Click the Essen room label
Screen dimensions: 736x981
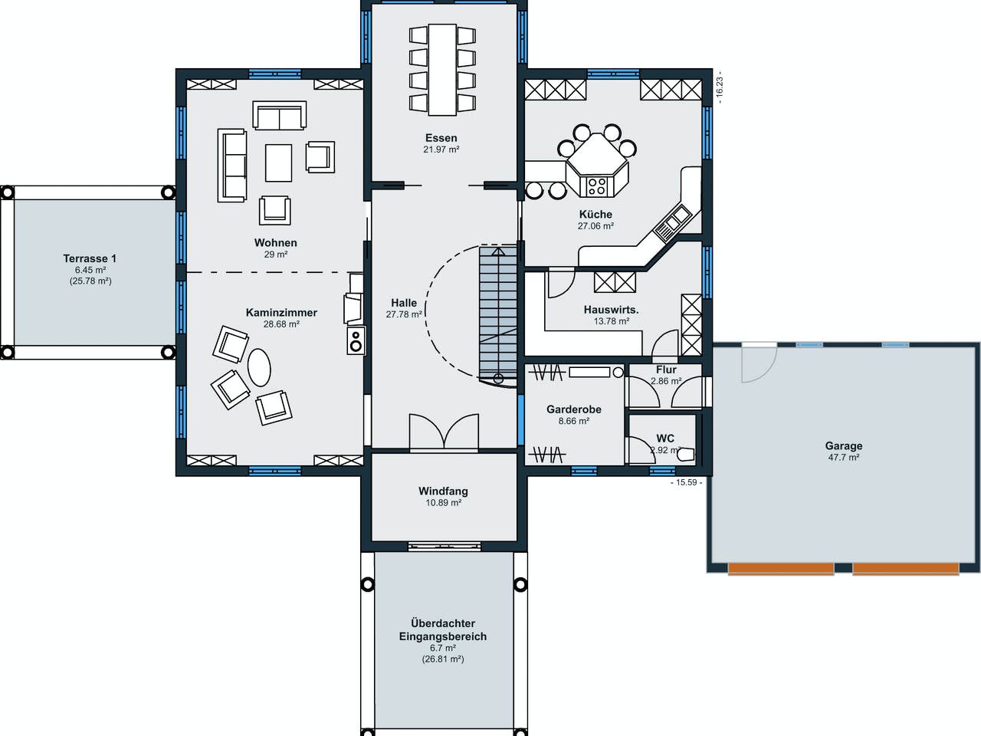pos(441,138)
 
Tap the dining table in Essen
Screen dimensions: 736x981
pos(442,69)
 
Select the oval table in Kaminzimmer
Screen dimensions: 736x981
pos(259,367)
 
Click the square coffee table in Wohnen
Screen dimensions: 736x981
pos(278,163)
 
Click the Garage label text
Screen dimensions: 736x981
pos(843,445)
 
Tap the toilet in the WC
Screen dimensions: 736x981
pos(685,453)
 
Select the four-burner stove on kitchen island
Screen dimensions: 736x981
pos(596,186)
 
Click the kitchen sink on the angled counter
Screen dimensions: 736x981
pos(673,222)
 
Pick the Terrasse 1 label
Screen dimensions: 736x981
pos(90,258)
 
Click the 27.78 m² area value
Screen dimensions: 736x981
pos(404,314)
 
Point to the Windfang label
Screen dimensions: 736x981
pos(443,491)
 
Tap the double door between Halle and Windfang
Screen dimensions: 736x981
pos(444,432)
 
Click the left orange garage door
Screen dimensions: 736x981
pos(780,569)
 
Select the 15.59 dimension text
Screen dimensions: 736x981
pos(686,482)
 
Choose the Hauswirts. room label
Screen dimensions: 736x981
pos(611,310)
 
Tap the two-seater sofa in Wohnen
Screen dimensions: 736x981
pos(279,117)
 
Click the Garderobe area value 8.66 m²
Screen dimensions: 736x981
pos(573,421)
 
